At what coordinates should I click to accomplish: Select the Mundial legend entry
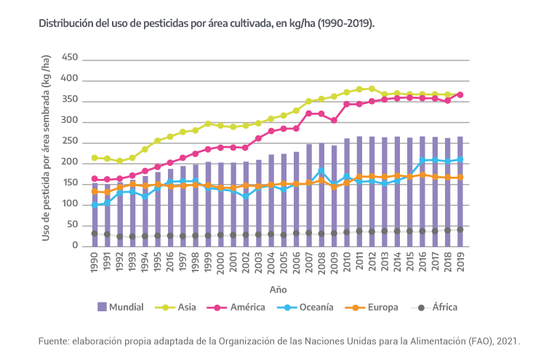(126, 307)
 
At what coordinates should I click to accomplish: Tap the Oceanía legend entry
(313, 307)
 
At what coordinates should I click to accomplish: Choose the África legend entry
(444, 307)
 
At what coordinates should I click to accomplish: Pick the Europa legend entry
(380, 307)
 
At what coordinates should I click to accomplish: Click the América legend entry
(245, 307)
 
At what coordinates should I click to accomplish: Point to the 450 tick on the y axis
(69, 57)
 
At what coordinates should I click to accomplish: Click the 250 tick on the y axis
(69, 141)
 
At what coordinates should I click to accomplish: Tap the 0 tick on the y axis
(74, 246)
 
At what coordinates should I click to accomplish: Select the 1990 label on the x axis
(94, 263)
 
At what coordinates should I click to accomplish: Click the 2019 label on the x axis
(460, 263)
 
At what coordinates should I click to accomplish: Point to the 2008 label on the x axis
(321, 263)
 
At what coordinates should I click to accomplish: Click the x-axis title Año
(278, 289)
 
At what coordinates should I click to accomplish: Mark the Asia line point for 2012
(372, 89)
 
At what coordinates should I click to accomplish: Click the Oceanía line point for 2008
(321, 171)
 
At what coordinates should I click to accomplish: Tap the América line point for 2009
(334, 120)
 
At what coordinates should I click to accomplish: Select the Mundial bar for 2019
(460, 191)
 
